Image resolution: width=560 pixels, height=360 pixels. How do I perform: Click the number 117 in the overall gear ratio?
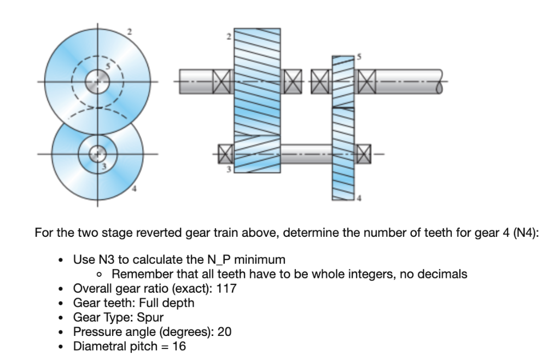[x=227, y=289]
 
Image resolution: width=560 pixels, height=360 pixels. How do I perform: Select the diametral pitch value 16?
[x=179, y=346]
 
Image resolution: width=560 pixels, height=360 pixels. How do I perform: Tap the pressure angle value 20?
[x=225, y=332]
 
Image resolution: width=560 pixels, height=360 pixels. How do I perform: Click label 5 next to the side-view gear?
[x=359, y=56]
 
